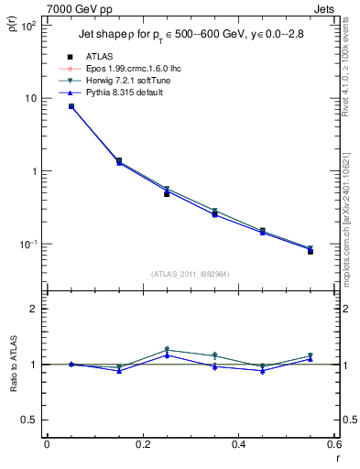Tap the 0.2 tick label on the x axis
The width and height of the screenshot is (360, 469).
(142, 445)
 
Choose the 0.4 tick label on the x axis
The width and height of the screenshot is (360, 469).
(238, 445)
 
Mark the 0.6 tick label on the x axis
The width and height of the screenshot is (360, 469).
(333, 445)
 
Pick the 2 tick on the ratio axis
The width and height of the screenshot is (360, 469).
(34, 309)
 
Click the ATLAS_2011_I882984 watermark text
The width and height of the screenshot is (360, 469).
(190, 274)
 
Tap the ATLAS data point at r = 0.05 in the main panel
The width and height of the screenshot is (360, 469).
(71, 107)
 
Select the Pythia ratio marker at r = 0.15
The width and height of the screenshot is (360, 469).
(119, 370)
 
